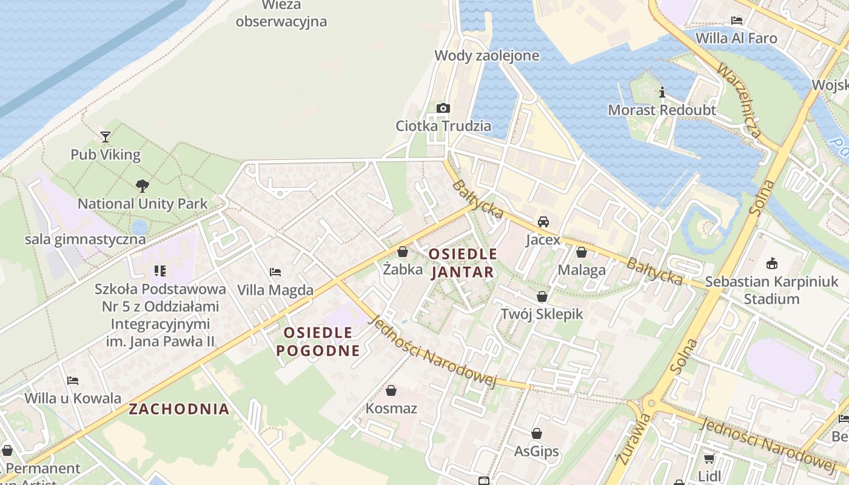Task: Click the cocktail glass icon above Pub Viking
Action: (x=106, y=136)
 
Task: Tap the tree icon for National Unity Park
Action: (x=143, y=186)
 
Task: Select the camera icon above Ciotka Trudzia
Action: (x=443, y=108)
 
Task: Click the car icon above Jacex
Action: (x=543, y=221)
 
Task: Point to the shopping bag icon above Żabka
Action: (x=403, y=251)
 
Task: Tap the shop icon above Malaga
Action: (x=582, y=252)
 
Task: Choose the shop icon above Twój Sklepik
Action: (x=542, y=296)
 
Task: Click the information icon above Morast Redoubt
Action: (x=662, y=92)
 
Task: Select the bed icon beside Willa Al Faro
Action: (x=737, y=20)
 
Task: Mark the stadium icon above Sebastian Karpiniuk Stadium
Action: (x=772, y=263)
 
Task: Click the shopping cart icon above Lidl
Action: (x=709, y=458)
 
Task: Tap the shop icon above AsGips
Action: (x=537, y=433)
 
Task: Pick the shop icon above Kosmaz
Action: (x=391, y=390)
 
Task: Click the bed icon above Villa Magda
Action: (x=275, y=272)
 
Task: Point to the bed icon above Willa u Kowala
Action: (x=73, y=381)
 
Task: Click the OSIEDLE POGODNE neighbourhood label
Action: (x=318, y=341)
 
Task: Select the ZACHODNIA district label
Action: (x=179, y=409)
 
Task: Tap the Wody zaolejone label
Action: (x=486, y=56)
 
